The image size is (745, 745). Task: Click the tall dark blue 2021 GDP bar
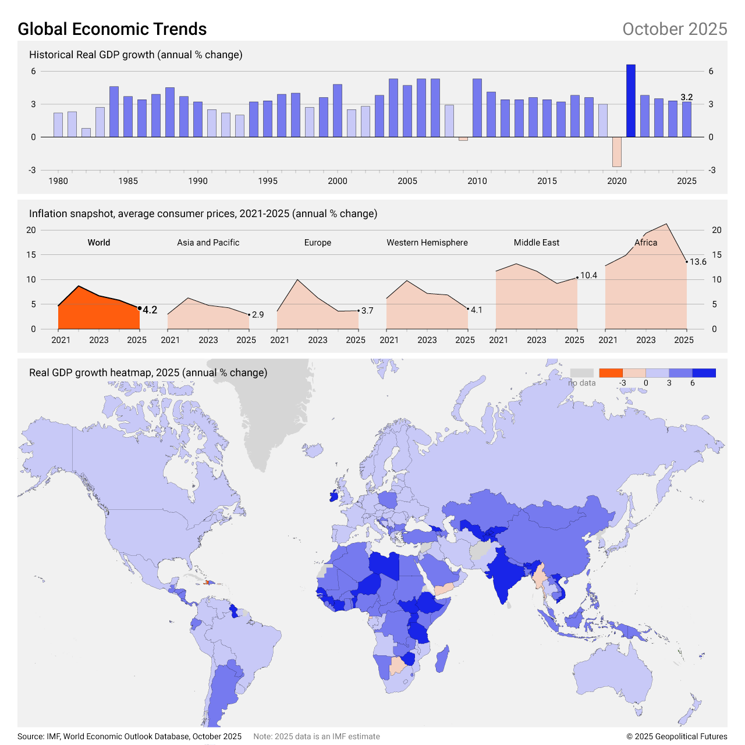click(x=631, y=101)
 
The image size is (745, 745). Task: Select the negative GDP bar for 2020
click(x=617, y=152)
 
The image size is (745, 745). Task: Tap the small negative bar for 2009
click(x=463, y=139)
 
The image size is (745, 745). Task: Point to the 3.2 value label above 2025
click(x=687, y=97)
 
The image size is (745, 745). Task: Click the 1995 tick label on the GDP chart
click(x=268, y=181)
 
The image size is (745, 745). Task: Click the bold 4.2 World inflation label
click(x=150, y=310)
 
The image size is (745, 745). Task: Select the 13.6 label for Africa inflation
click(x=698, y=262)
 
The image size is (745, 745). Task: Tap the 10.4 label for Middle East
click(x=589, y=275)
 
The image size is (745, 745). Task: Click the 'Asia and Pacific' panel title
click(x=208, y=243)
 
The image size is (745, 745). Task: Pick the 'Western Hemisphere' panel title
click(x=427, y=243)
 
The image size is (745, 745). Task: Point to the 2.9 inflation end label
click(x=258, y=315)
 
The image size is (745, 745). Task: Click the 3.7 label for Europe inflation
click(x=367, y=311)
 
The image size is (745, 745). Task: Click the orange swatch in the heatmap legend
click(x=611, y=373)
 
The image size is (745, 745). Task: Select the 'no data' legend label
click(x=582, y=383)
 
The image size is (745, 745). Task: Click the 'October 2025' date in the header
click(x=675, y=29)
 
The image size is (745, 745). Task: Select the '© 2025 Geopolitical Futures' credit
click(x=677, y=736)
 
